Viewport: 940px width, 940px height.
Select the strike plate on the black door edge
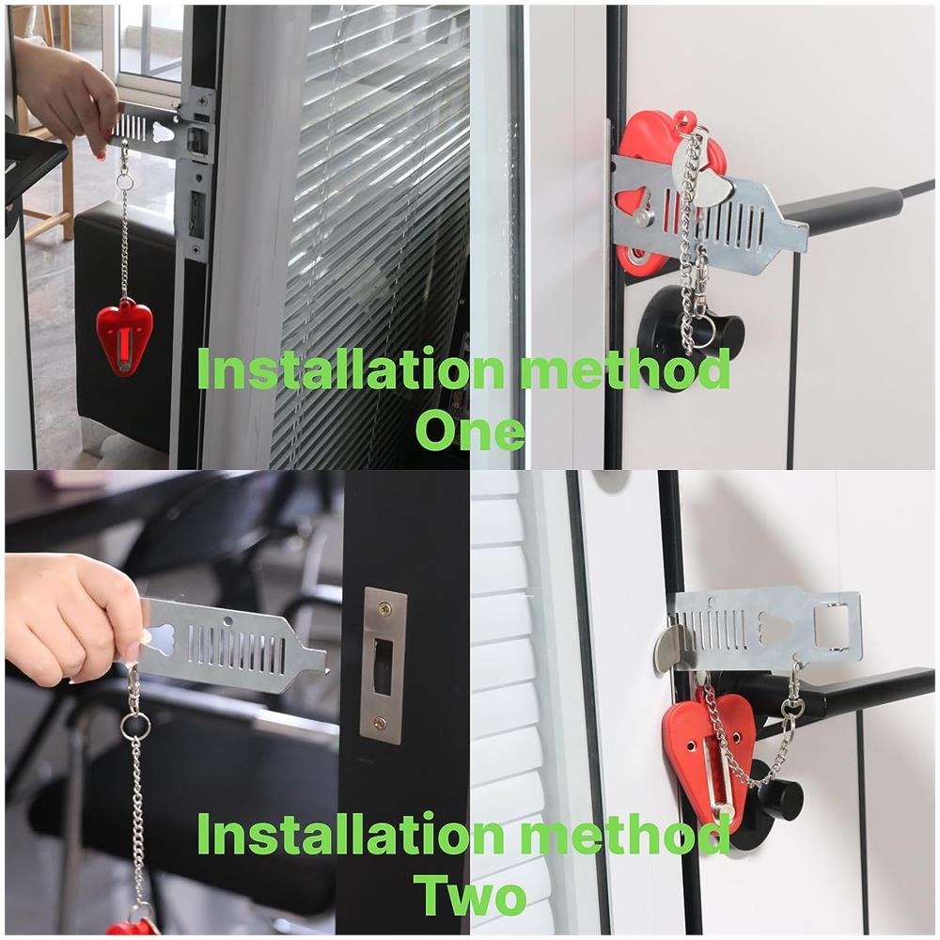[x=384, y=666]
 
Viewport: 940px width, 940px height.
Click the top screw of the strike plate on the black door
[x=383, y=610]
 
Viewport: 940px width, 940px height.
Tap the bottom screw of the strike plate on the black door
[x=380, y=723]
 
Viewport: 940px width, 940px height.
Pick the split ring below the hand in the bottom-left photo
[x=135, y=726]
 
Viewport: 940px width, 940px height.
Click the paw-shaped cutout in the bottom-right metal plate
[x=775, y=626]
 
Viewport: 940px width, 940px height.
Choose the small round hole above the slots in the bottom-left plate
[x=227, y=620]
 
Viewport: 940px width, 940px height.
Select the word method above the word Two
[x=625, y=834]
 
